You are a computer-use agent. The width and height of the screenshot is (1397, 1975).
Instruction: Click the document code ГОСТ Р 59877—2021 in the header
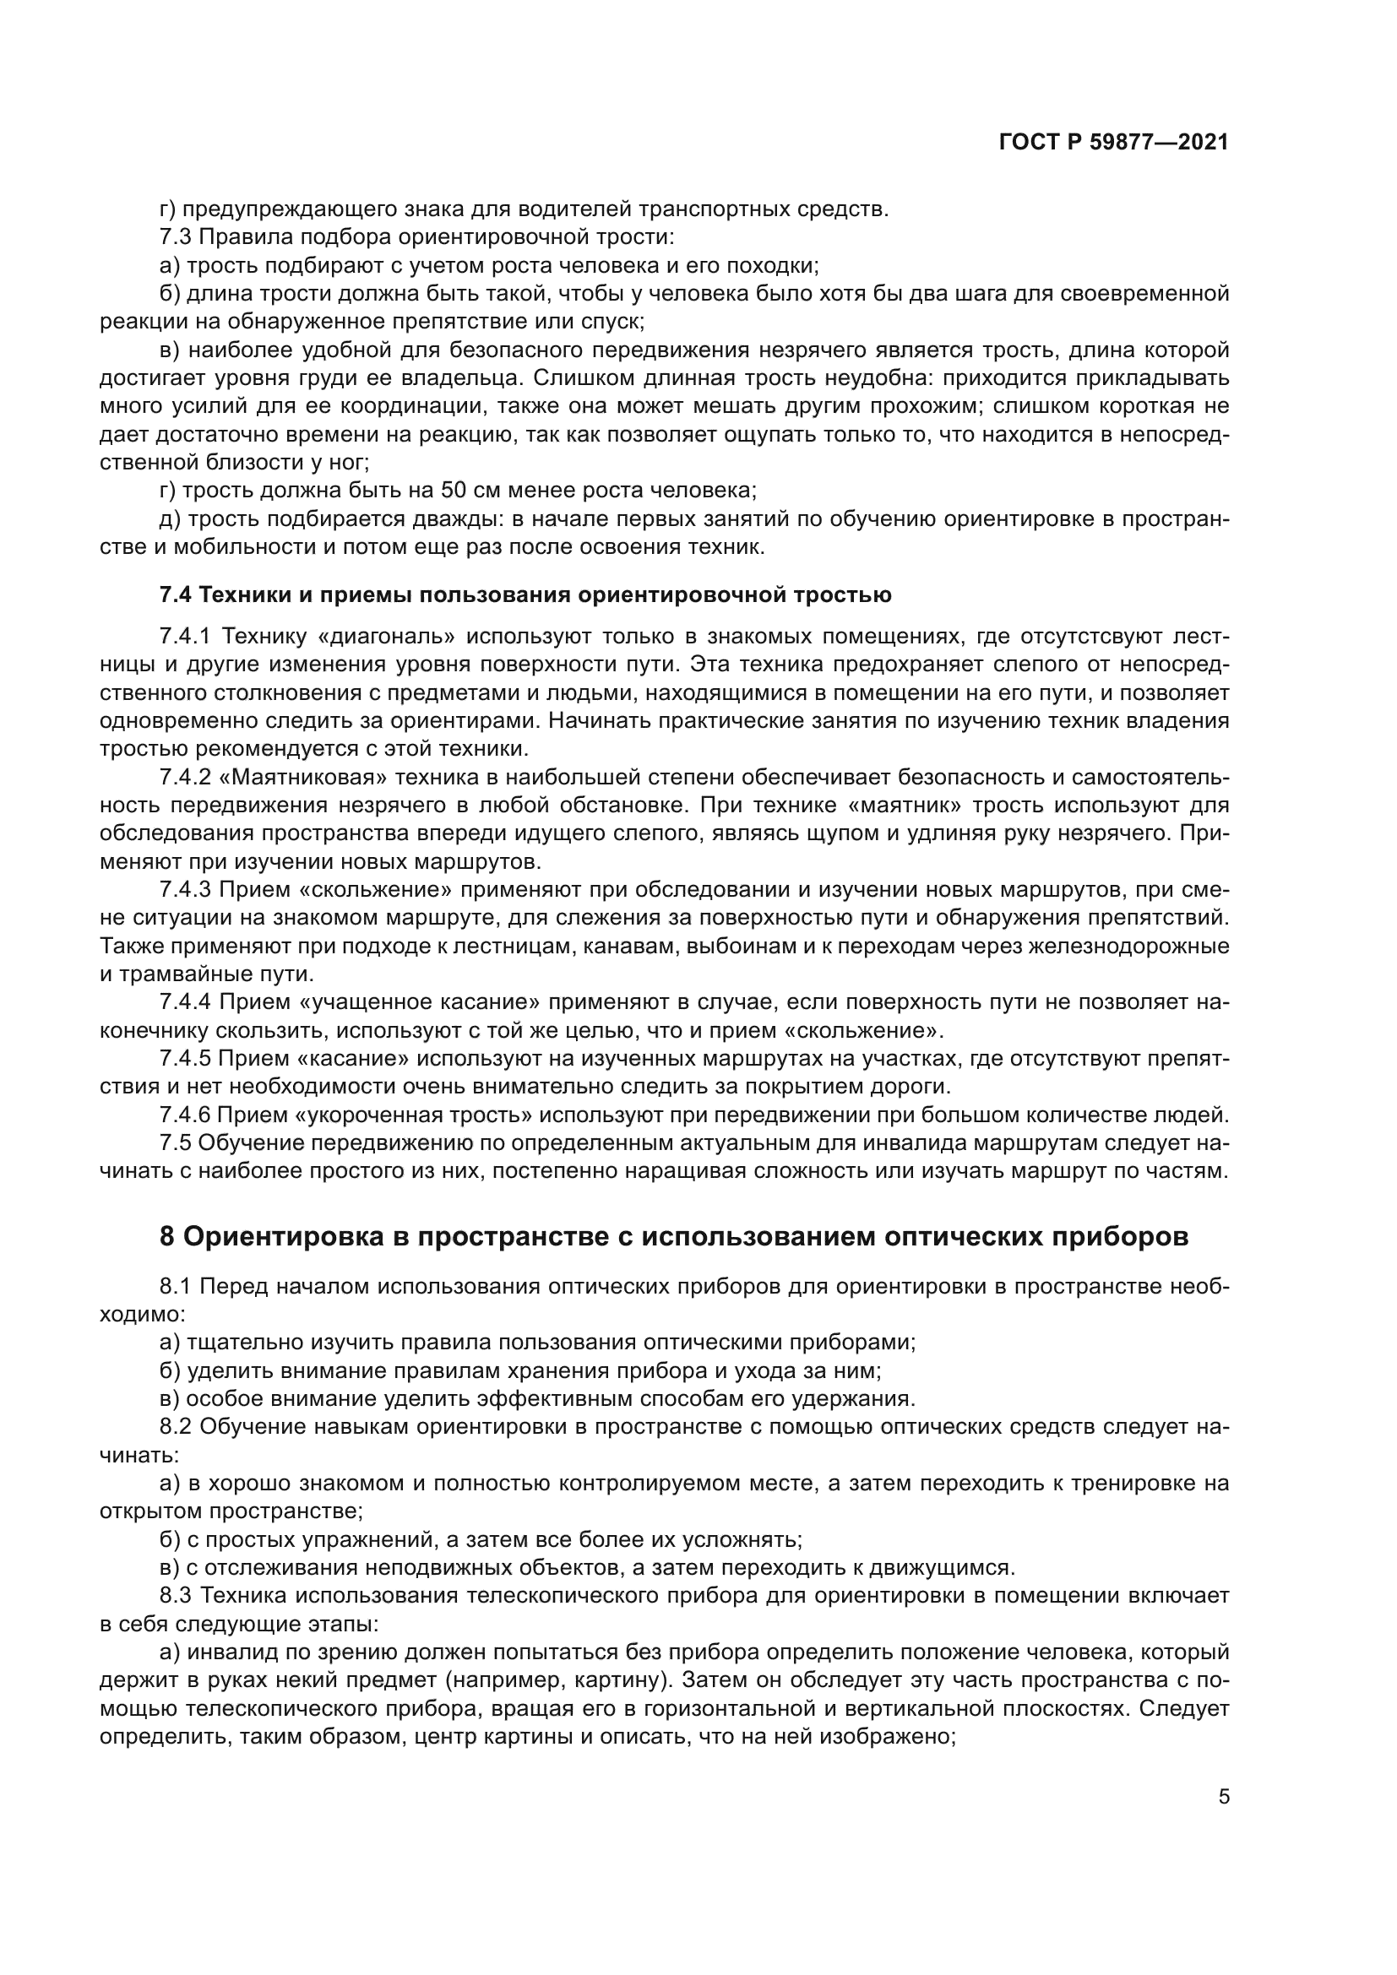click(1113, 143)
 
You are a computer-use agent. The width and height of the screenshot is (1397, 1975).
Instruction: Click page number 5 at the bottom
click(1223, 1798)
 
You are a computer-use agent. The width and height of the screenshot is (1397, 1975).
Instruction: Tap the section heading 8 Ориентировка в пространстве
click(673, 1236)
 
